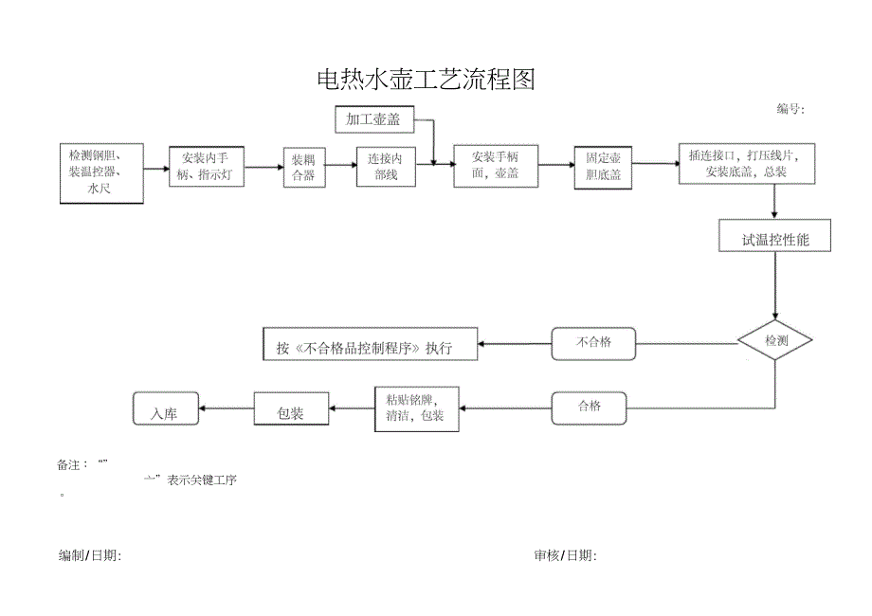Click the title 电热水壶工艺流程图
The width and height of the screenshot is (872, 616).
tap(426, 81)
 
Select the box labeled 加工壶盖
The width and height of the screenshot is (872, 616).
tap(373, 119)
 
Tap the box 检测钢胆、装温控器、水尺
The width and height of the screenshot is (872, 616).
tap(101, 172)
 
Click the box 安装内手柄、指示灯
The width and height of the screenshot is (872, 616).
tap(207, 166)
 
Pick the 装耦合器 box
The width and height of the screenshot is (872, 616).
tap(303, 167)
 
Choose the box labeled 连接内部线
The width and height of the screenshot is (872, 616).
tap(386, 167)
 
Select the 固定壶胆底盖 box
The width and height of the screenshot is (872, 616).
tap(603, 167)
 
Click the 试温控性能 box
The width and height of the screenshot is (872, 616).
tap(775, 237)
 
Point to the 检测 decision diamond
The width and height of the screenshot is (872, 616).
tap(775, 340)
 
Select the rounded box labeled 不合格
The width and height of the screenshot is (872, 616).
tap(593, 343)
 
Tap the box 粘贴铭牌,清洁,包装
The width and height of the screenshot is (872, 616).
tap(415, 408)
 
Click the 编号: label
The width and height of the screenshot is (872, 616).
tap(790, 109)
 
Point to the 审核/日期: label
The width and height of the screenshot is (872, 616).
tap(565, 555)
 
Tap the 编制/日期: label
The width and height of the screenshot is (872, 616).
tap(90, 555)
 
